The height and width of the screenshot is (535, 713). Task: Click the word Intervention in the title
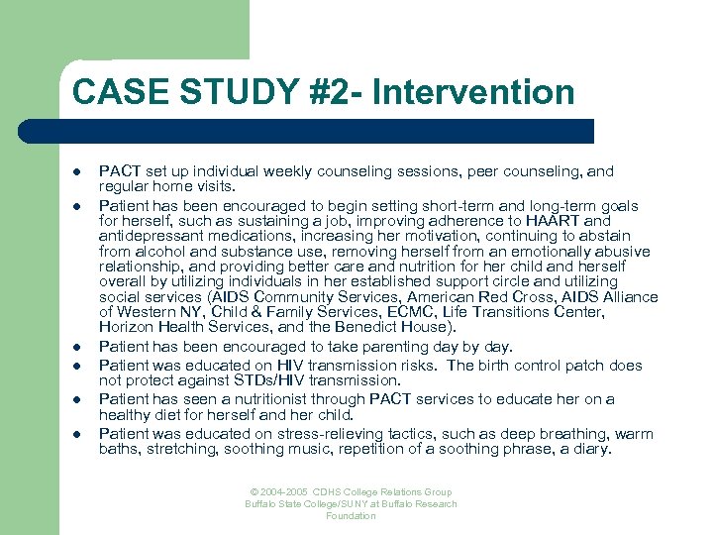coord(485,92)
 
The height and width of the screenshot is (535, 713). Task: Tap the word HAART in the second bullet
coord(581,221)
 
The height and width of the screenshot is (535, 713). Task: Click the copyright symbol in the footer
coord(253,492)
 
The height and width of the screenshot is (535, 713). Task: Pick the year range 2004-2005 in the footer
coord(282,492)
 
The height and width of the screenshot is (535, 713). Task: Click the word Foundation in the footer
coord(351,516)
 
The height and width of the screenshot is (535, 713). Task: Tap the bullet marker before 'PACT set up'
coord(77,172)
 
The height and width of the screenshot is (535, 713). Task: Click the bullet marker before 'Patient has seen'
coord(77,400)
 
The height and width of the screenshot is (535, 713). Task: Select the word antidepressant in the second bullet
coord(149,236)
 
